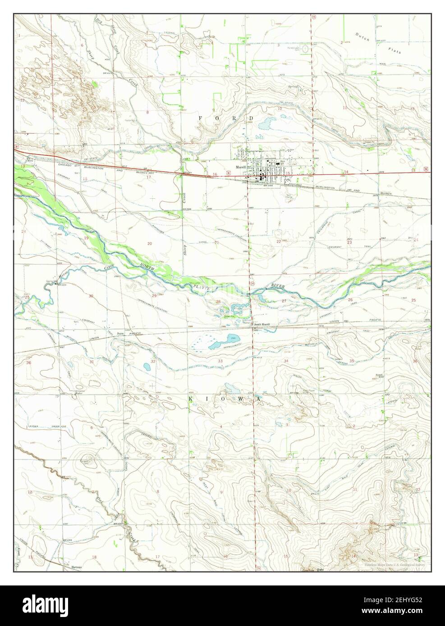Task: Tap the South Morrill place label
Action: tap(261, 325)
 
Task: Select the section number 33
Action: tap(220, 361)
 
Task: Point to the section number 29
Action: tap(154, 296)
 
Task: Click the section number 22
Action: tap(279, 242)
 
